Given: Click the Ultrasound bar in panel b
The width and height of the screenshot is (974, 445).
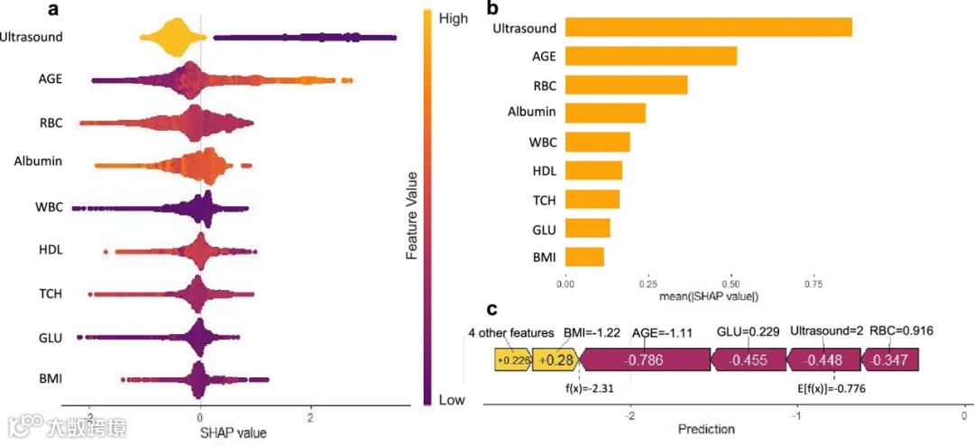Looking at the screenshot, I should click(x=708, y=27).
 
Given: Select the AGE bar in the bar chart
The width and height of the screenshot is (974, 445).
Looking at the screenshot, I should click(x=650, y=56).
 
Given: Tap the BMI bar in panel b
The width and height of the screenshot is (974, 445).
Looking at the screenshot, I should click(x=584, y=257).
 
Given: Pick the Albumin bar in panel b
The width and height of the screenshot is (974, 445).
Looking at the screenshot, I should click(x=605, y=113).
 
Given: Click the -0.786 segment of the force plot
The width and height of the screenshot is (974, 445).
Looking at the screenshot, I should click(x=645, y=360).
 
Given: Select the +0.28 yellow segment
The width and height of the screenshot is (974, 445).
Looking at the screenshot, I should click(x=555, y=360).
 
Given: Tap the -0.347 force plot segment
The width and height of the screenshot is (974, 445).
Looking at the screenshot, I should click(x=891, y=360).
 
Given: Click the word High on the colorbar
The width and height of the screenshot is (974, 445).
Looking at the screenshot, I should click(x=453, y=17).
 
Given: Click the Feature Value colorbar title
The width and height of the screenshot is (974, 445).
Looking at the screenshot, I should click(x=411, y=214).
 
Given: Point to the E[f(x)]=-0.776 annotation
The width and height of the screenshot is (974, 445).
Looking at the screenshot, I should click(x=836, y=390).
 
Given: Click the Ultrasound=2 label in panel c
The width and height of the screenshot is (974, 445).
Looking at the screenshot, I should click(x=826, y=331).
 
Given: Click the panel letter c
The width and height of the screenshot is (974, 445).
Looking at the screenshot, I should click(x=492, y=309).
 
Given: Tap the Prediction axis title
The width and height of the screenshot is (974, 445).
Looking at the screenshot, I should click(x=706, y=429).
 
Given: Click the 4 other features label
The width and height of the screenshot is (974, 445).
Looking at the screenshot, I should click(x=510, y=331).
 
